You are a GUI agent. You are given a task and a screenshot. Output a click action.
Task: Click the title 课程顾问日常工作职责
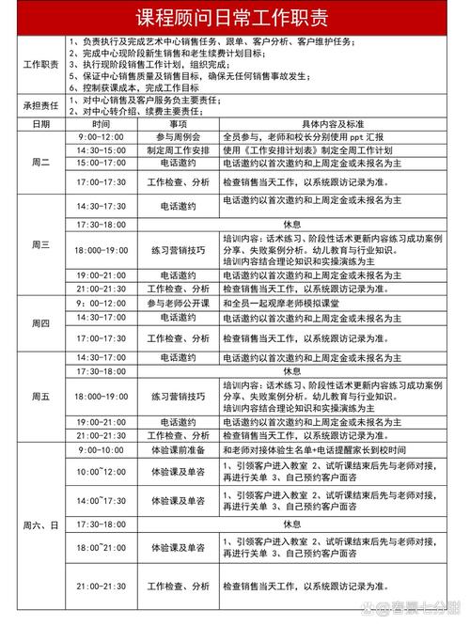[x=235, y=18]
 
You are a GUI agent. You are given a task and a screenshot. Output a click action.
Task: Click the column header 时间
[x=102, y=124]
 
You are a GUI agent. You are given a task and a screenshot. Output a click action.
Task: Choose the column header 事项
[x=179, y=124]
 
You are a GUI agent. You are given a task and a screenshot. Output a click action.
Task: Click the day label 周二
[x=39, y=163]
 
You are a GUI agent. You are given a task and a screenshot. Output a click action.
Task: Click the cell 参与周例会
[x=179, y=137]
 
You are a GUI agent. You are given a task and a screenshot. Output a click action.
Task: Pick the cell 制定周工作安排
[x=179, y=150]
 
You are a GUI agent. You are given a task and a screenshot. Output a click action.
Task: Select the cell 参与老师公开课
[x=179, y=305]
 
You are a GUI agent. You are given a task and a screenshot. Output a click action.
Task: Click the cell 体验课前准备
[x=179, y=450]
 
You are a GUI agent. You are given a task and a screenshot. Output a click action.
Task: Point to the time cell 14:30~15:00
[x=102, y=150]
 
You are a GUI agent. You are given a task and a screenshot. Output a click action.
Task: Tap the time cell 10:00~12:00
[x=102, y=470]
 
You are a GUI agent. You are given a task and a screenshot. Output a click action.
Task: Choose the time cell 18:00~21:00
[x=102, y=547]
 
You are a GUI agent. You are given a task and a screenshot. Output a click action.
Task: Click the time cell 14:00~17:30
[x=102, y=501]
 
